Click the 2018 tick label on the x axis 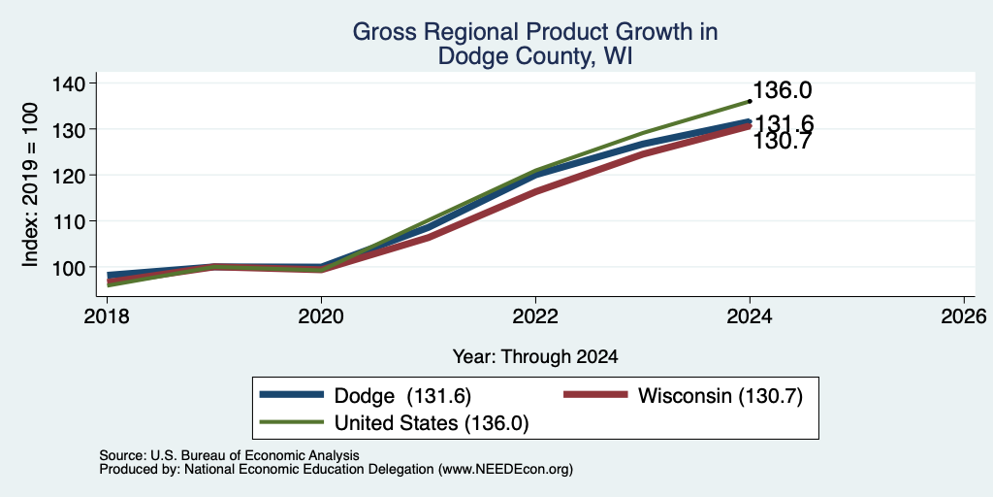[107, 315]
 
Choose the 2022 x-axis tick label [535, 315]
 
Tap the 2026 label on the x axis [964, 315]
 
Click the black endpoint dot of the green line [750, 101]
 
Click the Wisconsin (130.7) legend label [721, 396]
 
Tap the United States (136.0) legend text [432, 423]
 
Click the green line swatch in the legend [291, 422]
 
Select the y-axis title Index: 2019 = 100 [30, 184]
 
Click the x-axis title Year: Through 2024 [535, 357]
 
